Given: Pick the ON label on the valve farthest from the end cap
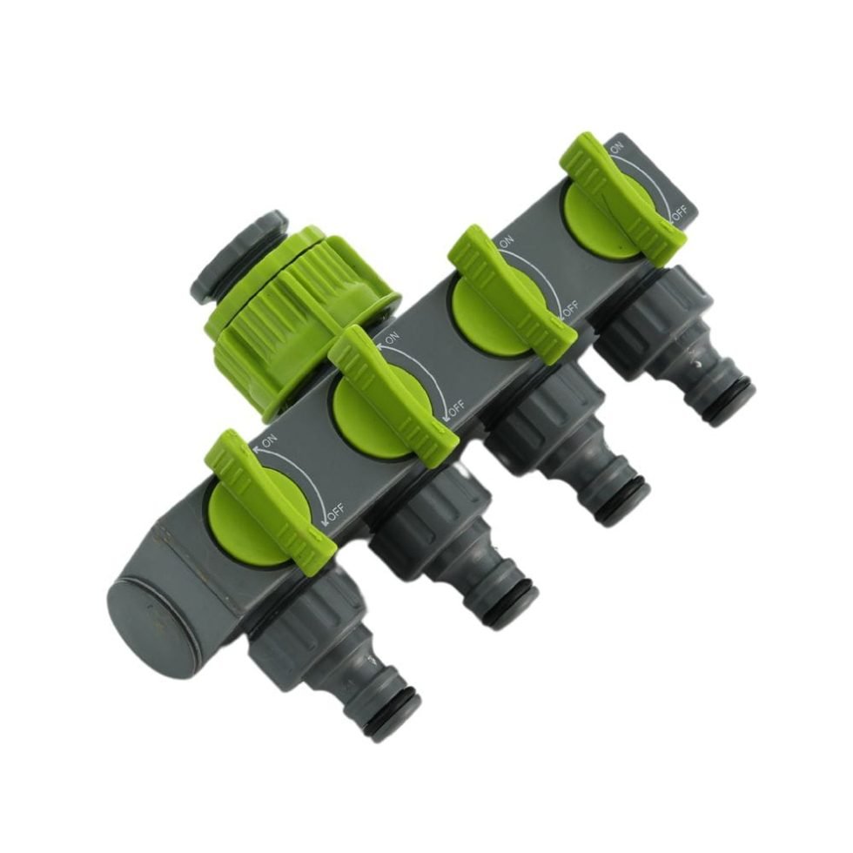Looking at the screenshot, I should pyautogui.click(x=617, y=149).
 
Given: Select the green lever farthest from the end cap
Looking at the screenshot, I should pyautogui.click(x=620, y=197).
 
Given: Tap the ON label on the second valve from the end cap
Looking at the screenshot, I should pyautogui.click(x=391, y=339).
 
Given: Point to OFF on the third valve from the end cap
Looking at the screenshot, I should pyautogui.click(x=571, y=309).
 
